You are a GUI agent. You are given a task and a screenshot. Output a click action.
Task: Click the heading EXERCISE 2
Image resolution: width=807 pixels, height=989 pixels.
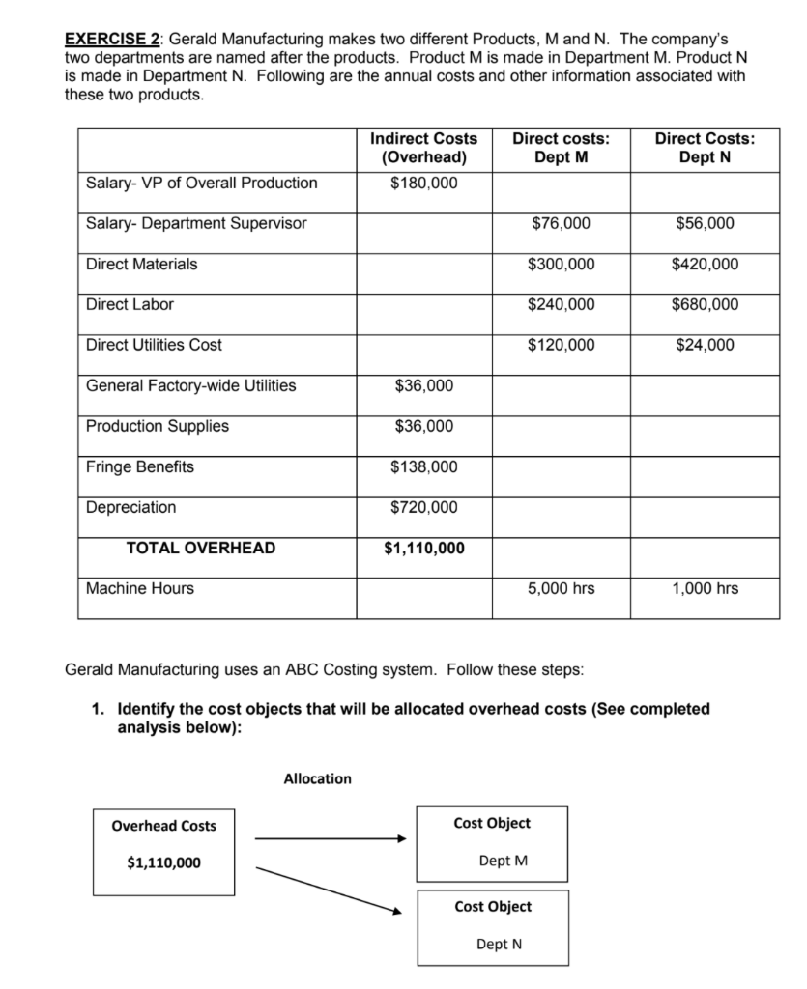pyautogui.click(x=111, y=40)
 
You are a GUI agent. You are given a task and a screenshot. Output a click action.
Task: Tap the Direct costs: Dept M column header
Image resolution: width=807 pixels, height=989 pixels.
pyautogui.click(x=562, y=149)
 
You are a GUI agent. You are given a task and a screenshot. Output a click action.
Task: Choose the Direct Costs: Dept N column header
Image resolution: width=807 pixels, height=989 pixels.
pyautogui.click(x=705, y=149)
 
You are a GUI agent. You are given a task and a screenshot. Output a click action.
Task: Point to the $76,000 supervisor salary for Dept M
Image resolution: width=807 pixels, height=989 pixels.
pyautogui.click(x=562, y=223)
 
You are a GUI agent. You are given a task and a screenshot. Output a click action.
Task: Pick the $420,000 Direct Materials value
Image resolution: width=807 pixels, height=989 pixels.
pyautogui.click(x=705, y=264)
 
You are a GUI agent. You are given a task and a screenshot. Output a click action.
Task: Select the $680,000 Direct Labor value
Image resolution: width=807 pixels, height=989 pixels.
pyautogui.click(x=705, y=304)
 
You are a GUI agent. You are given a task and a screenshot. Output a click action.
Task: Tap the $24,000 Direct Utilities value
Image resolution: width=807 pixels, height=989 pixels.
pyautogui.click(x=705, y=345)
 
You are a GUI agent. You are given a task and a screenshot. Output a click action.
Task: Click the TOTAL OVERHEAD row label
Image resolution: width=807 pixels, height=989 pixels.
pyautogui.click(x=201, y=548)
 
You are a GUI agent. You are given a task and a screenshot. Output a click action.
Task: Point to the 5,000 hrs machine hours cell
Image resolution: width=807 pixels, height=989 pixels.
pyautogui.click(x=562, y=588)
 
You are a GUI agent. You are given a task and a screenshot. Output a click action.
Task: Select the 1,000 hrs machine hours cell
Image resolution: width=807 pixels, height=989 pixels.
pyautogui.click(x=705, y=588)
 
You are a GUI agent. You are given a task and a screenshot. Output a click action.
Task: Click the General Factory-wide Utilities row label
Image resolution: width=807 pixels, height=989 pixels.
pyautogui.click(x=191, y=385)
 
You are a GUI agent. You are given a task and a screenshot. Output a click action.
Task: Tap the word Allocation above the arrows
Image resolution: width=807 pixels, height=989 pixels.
pyautogui.click(x=318, y=778)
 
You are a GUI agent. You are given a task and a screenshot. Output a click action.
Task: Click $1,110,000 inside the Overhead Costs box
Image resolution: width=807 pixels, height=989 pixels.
pyautogui.click(x=164, y=863)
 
